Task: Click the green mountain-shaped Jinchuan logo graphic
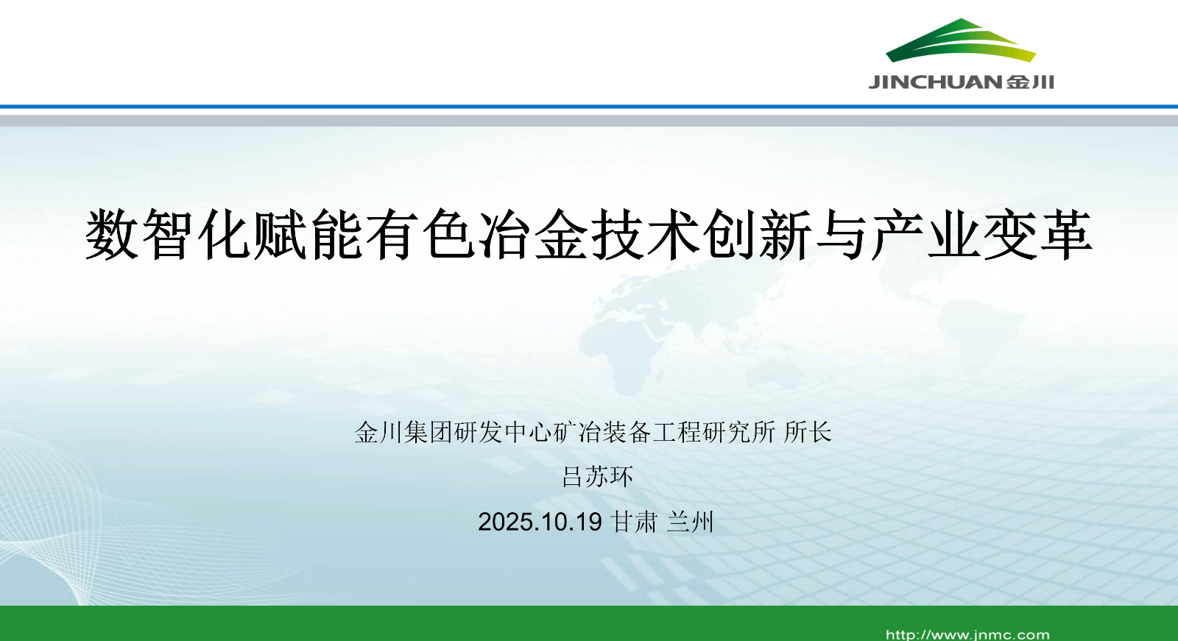point(961,40)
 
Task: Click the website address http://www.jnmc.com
point(967,634)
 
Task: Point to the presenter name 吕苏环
point(597,477)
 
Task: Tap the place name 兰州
point(690,523)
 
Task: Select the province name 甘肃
point(635,523)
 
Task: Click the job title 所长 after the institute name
point(807,433)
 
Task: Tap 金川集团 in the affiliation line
point(404,433)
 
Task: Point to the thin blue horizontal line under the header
point(589,107)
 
